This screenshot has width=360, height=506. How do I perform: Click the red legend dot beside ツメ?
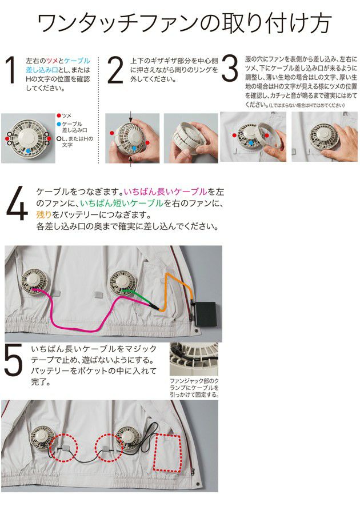pyautogui.click(x=59, y=115)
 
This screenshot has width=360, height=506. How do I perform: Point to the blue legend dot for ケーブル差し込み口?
pyautogui.click(x=59, y=123)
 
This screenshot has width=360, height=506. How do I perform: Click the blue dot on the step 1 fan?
pyautogui.click(x=29, y=150)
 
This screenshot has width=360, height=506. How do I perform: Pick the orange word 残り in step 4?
pyautogui.click(x=43, y=215)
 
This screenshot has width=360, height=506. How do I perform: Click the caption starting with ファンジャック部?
pyautogui.click(x=194, y=387)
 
